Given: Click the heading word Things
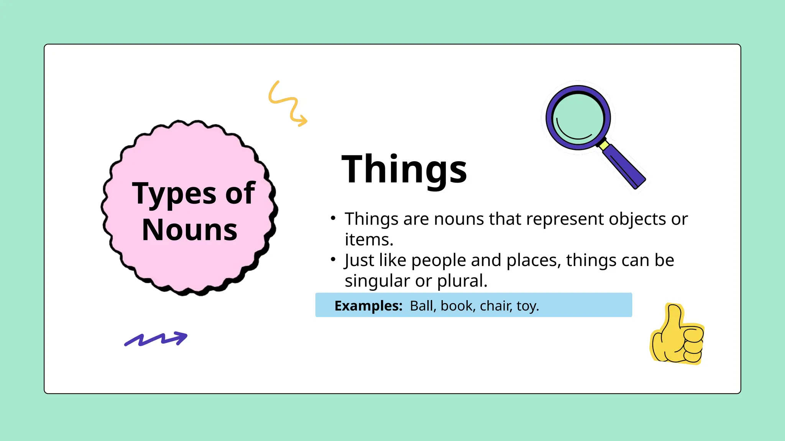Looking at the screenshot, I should coord(404,169).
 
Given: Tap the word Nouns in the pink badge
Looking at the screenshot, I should coord(189,230).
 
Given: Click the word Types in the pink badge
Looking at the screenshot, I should coord(175,194).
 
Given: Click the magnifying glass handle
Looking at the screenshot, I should coord(624,167).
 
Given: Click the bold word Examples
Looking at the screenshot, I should coord(368,306).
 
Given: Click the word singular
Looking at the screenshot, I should coord(377,281).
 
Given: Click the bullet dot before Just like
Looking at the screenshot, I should coord(333,260).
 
